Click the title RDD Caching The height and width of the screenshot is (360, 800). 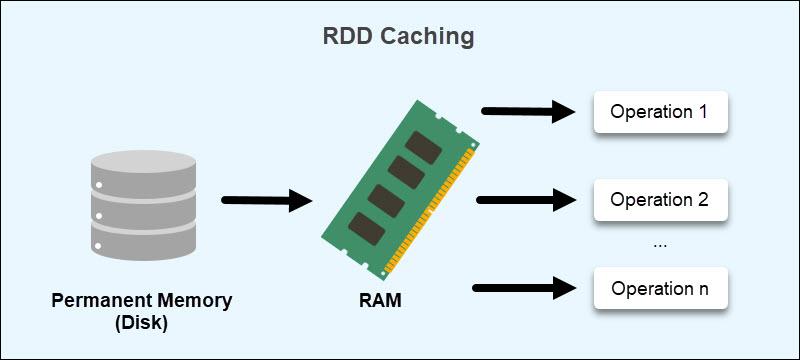click(398, 38)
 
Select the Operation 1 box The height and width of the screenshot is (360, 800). click(659, 112)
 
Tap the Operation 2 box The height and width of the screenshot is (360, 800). click(659, 199)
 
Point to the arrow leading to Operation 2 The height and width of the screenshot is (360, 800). click(526, 200)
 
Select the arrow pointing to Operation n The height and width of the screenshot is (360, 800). click(526, 289)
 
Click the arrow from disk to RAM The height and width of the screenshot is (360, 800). click(265, 202)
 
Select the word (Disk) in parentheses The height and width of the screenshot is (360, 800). click(140, 322)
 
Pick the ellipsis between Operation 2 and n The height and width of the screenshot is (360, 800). click(659, 243)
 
